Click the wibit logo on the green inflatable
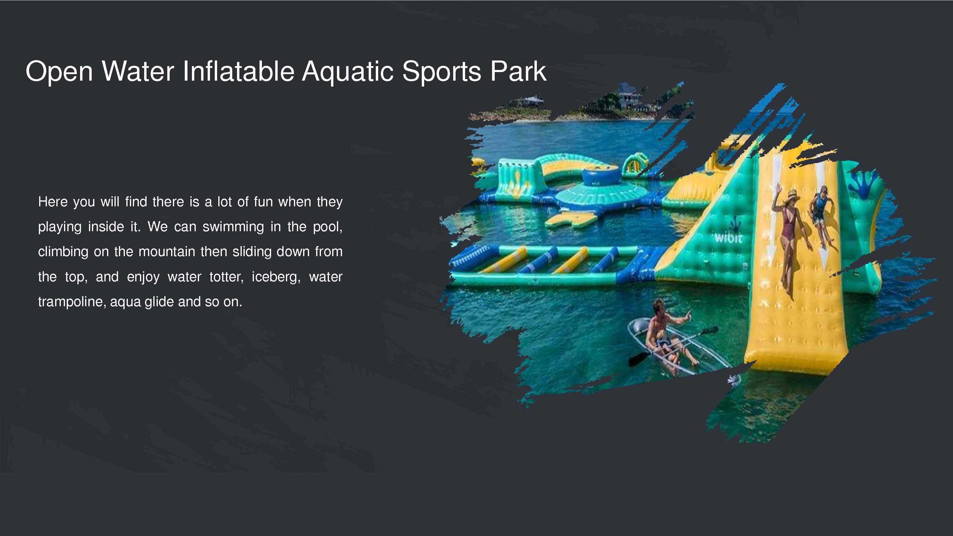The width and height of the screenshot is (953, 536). (x=728, y=238)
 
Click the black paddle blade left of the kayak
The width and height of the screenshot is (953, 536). (x=637, y=358)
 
